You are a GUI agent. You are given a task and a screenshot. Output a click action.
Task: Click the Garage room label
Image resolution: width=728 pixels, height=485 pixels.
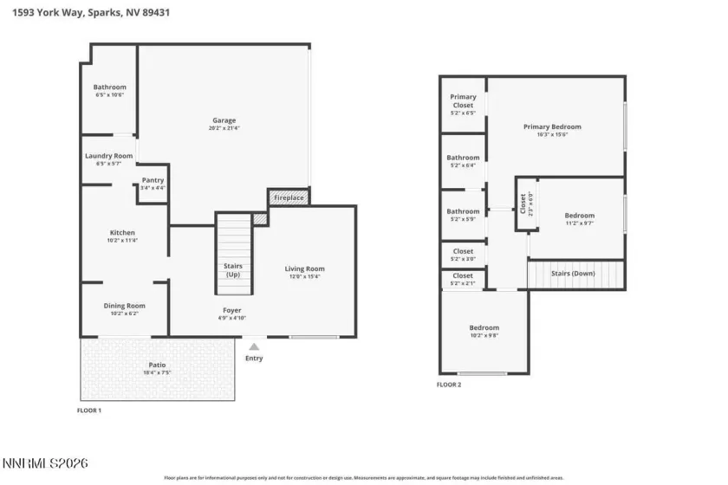(224, 120)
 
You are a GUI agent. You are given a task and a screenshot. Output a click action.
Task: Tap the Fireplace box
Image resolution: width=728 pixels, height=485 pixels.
(289, 198)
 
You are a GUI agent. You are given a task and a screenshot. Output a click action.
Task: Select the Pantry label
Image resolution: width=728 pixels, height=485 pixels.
(153, 180)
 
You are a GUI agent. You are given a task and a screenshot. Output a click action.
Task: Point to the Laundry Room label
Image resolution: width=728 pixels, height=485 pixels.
(108, 156)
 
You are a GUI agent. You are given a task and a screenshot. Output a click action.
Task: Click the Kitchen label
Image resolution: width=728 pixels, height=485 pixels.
(122, 233)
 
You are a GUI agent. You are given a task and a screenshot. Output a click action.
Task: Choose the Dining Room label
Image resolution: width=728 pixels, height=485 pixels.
(124, 306)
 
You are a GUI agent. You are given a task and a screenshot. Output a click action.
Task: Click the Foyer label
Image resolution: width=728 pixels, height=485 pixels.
(231, 310)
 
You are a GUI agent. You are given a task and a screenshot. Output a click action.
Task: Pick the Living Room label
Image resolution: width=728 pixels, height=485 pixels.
(304, 268)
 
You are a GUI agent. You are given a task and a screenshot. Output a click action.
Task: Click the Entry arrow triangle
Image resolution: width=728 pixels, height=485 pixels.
(254, 346)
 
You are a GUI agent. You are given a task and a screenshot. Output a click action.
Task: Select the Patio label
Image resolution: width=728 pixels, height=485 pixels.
(157, 365)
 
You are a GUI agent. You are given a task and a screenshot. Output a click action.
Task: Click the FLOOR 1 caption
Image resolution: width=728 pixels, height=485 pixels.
(89, 410)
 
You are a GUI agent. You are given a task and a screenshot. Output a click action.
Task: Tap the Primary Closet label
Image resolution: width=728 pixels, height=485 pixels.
(464, 101)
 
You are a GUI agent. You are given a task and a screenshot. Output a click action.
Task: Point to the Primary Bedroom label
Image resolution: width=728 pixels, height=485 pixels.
(552, 126)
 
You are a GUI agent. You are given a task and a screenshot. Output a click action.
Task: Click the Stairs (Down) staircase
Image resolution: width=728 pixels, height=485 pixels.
(576, 275)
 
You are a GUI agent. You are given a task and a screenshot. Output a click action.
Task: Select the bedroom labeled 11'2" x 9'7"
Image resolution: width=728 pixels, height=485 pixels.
(580, 216)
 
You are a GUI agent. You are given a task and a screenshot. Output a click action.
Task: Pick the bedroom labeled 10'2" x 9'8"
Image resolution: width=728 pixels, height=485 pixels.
(484, 327)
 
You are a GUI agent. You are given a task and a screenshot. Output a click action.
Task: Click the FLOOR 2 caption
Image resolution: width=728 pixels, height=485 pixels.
(448, 384)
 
